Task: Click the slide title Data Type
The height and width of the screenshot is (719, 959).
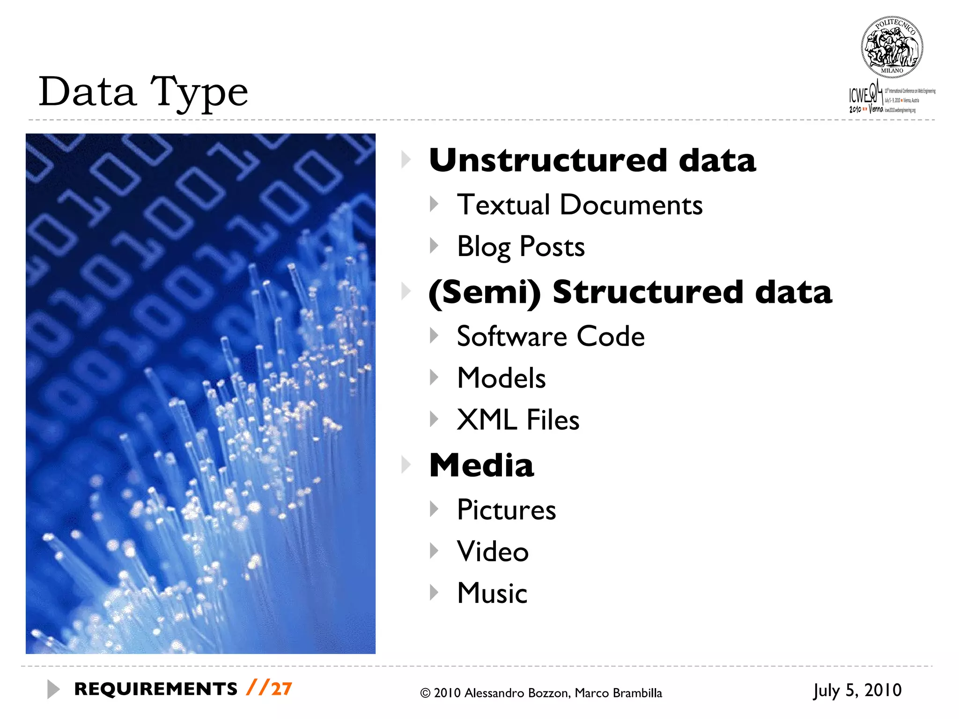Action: [143, 92]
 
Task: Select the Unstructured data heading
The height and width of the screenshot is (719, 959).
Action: [592, 161]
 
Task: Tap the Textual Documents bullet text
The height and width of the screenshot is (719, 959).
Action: [579, 205]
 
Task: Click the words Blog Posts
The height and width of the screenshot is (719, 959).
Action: [520, 247]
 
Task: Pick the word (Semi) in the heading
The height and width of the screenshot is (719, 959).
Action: [484, 293]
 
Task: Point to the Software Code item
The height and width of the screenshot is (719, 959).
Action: [550, 336]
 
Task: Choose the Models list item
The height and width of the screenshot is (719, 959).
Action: [501, 378]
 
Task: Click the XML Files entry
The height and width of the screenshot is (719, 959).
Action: [517, 419]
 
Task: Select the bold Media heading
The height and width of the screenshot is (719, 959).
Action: [481, 466]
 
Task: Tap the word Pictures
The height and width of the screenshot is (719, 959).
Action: [506, 510]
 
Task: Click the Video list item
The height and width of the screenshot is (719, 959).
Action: [493, 551]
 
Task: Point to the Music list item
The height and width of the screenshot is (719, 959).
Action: [492, 593]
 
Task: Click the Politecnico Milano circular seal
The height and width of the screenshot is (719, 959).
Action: [892, 47]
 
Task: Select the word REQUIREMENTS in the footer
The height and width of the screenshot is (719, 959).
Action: [156, 689]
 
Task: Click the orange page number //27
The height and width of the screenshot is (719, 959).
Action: [269, 689]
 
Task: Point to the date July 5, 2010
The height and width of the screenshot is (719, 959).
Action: [857, 690]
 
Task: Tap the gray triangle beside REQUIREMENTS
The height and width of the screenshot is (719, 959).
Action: [53, 689]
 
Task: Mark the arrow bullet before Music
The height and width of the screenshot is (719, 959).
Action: [434, 593]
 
